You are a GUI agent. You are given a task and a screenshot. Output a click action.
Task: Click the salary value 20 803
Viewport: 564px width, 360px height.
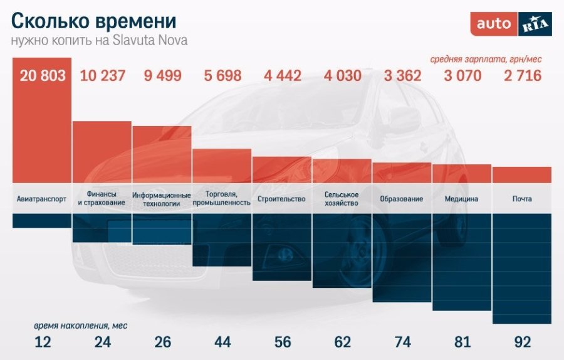tap(43, 77)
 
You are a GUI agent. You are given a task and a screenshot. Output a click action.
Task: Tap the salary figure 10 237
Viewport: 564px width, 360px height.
tap(103, 77)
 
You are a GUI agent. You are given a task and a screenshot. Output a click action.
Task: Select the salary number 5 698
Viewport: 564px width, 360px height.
tap(222, 77)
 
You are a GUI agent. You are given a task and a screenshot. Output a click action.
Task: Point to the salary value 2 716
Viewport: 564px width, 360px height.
tap(523, 77)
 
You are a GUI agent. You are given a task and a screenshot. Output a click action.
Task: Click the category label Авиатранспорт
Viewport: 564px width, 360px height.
tap(42, 199)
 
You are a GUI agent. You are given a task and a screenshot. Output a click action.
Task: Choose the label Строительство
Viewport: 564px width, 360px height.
tap(281, 199)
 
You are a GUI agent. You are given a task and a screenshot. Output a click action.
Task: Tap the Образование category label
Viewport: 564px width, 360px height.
tap(401, 199)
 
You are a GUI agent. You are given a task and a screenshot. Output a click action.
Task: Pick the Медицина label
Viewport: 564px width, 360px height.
tap(461, 199)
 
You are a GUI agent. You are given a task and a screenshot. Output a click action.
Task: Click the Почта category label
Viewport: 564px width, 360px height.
tap(522, 199)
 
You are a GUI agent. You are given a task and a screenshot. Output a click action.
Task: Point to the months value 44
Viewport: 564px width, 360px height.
tap(222, 342)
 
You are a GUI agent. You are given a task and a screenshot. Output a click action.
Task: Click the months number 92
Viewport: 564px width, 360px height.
tap(523, 342)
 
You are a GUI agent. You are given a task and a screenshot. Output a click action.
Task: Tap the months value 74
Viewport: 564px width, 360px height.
tap(402, 342)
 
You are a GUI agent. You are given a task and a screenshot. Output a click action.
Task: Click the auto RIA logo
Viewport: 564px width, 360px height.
tap(511, 24)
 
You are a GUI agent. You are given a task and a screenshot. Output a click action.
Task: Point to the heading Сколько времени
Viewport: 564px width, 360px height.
tap(94, 21)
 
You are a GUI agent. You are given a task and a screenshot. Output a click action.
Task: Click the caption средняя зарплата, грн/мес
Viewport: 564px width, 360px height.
tap(486, 59)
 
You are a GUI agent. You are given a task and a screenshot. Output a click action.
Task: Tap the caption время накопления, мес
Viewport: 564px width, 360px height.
tap(81, 326)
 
